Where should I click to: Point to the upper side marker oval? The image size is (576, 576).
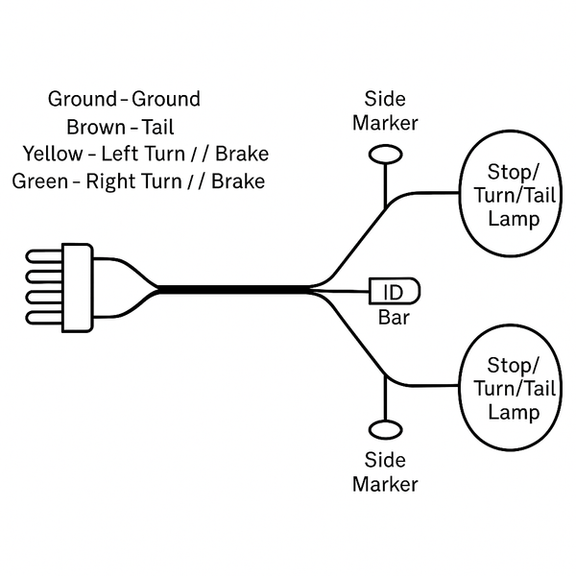tap(385, 154)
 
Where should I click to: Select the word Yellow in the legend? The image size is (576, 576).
tap(52, 154)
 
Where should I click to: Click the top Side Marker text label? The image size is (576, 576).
tap(385, 110)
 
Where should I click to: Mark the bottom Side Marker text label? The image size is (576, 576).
tap(385, 472)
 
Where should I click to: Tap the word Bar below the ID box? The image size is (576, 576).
tap(394, 318)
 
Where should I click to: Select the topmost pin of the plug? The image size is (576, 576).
tap(46, 256)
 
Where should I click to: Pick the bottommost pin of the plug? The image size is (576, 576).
tap(46, 316)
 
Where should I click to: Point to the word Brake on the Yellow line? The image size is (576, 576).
tap(242, 154)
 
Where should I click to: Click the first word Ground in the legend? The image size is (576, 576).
tap(82, 99)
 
